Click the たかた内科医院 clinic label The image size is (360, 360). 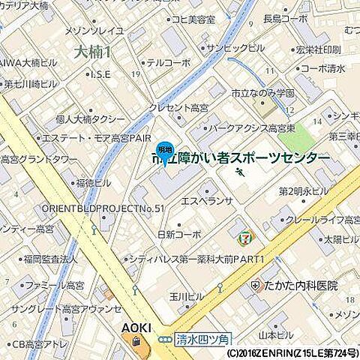[300, 286]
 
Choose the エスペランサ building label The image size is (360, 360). [208, 202]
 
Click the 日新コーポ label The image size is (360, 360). [179, 234]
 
